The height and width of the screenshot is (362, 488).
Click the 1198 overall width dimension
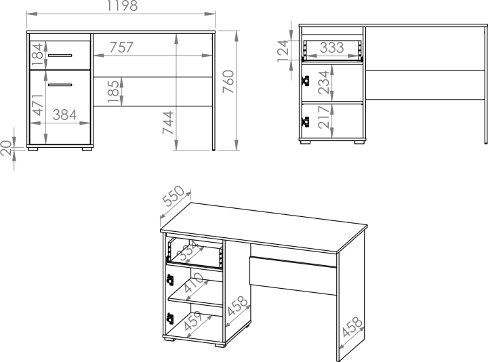pos(122,5)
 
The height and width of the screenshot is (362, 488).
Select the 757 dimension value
pos(121,47)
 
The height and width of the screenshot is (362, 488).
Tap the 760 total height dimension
pos(229,81)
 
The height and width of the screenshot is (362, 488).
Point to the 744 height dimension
pos(168,122)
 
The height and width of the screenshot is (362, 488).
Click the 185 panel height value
pos(114,92)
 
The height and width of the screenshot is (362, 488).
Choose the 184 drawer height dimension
pos(37,55)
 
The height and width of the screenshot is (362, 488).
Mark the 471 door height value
pos(38,104)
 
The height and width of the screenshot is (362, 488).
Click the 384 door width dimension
pos(64,115)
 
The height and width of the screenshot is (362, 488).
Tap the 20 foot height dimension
pos(6,148)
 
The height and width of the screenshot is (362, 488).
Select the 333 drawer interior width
pos(332,47)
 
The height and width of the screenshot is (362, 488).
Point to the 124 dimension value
pos(283,50)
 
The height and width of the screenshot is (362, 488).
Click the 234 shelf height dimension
pos(323,82)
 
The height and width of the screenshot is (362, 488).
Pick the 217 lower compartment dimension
pos(324,117)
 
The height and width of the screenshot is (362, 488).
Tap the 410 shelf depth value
pos(194,283)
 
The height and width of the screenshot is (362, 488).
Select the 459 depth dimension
pos(194,320)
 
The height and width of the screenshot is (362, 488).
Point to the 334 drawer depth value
pos(189,250)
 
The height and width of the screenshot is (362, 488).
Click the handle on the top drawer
pos(60,56)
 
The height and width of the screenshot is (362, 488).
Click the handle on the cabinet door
pos(60,85)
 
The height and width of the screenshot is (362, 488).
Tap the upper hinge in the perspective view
pos(170,279)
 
